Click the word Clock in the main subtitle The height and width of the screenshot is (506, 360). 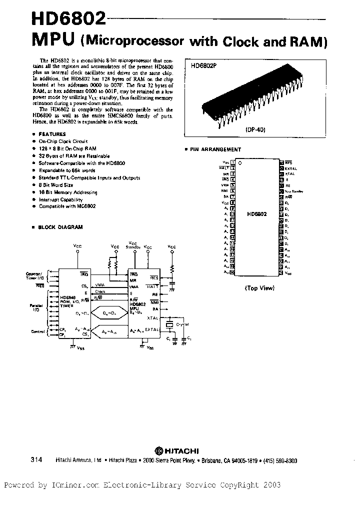242,41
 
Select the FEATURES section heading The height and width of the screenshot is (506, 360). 52,134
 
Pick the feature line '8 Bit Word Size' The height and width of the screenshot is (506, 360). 55,185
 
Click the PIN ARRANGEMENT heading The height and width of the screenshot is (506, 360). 216,149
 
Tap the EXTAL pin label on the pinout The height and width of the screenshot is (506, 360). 291,169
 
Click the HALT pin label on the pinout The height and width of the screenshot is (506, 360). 224,168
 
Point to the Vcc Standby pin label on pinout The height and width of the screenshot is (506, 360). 294,191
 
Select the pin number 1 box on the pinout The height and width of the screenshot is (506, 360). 233,163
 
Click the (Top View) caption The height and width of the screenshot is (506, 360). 259,288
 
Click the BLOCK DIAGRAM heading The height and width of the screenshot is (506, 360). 60,227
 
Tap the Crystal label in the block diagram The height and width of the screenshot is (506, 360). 182,324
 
